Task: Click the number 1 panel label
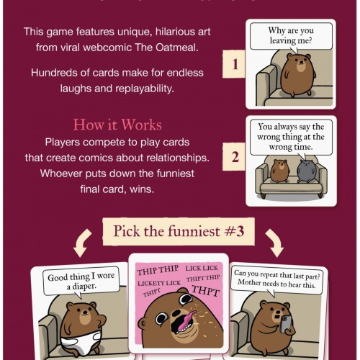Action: (234, 64)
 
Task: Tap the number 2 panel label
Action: (234, 157)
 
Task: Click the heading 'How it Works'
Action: (117, 125)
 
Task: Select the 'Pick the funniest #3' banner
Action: (179, 231)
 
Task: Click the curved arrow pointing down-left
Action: (81, 243)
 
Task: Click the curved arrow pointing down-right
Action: (275, 243)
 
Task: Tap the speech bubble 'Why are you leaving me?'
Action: (291, 36)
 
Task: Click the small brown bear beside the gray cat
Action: (279, 171)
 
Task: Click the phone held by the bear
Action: (286, 325)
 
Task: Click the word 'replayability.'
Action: (145, 89)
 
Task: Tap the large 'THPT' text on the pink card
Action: (205, 291)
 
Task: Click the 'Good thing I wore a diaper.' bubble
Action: (81, 282)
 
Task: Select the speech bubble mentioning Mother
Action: (276, 279)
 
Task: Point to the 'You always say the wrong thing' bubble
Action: (291, 138)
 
